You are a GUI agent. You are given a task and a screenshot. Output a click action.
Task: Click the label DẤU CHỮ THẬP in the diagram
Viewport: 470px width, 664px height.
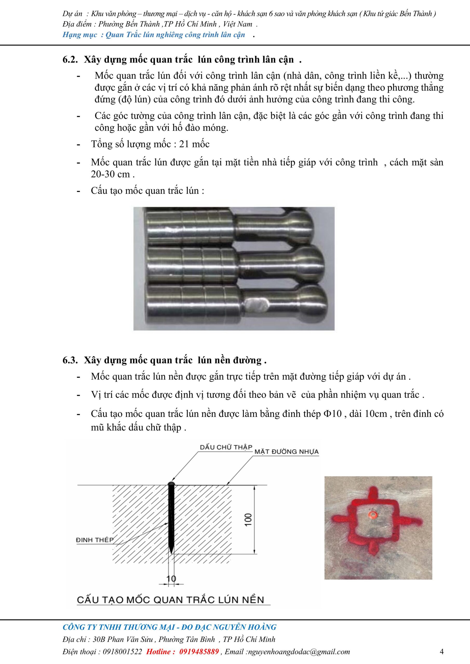point(226,447)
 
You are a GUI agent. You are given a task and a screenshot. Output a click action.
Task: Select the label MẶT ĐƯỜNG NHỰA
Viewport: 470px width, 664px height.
point(286,452)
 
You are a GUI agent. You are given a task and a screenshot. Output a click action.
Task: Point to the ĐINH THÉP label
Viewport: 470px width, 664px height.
point(95,540)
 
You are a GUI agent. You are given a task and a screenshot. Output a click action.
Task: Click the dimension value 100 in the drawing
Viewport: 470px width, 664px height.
point(249,520)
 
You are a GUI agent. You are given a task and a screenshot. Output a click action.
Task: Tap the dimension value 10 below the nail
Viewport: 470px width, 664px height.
point(171,578)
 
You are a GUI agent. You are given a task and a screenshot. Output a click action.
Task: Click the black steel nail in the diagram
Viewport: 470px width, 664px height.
point(171,518)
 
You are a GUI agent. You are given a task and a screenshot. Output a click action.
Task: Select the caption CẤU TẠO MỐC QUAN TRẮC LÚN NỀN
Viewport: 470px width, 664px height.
point(171,599)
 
